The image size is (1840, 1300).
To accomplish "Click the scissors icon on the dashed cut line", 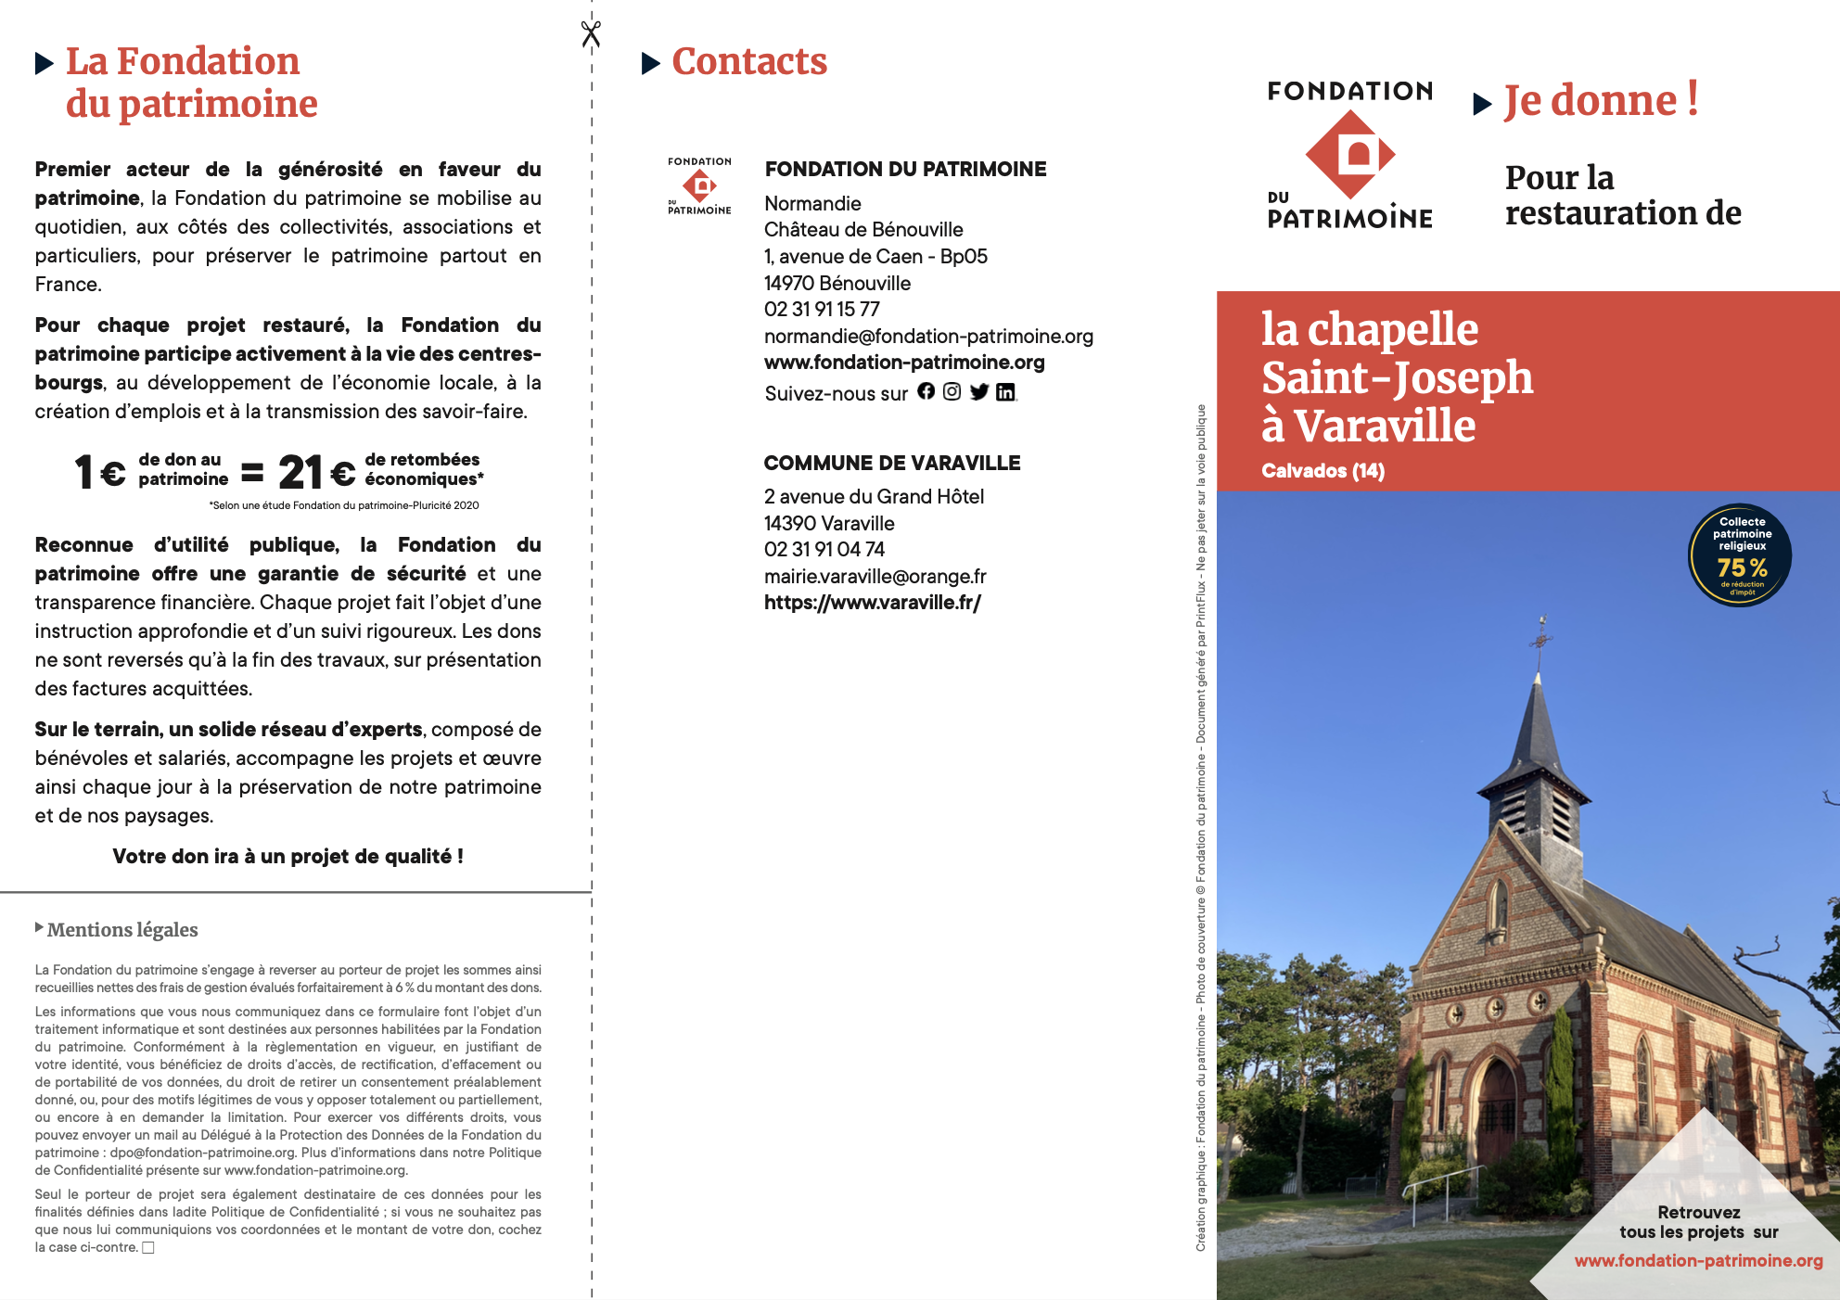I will (x=591, y=34).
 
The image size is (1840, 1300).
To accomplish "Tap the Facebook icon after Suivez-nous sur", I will (x=926, y=391).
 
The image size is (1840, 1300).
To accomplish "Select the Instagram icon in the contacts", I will (x=952, y=391).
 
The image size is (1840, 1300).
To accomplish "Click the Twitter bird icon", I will (x=978, y=391).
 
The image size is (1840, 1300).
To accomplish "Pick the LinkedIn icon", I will (x=1005, y=392).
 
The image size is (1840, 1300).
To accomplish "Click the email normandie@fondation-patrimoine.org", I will (x=928, y=337).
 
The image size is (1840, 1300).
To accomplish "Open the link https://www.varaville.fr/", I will (x=872, y=603).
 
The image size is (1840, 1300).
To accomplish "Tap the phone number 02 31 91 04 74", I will (x=824, y=550).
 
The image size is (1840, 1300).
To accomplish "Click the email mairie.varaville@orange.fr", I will (x=875, y=577).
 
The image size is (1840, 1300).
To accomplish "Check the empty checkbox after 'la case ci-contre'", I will (x=148, y=1248).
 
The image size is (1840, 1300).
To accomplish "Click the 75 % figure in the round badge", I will (x=1742, y=567).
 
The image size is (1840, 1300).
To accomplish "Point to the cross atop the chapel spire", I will (x=1541, y=636).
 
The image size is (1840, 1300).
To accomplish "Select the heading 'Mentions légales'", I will (x=122, y=930).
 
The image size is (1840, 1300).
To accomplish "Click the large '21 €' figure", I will (x=316, y=473).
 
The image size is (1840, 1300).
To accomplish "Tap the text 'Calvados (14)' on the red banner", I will (x=1322, y=471).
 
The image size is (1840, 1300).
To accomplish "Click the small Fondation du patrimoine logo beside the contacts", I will (x=699, y=186).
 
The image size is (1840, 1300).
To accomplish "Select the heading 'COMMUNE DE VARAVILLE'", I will (x=892, y=464).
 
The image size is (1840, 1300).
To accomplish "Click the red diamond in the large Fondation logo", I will (x=1350, y=154).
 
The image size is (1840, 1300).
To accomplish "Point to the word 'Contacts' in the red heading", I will (x=749, y=62).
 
